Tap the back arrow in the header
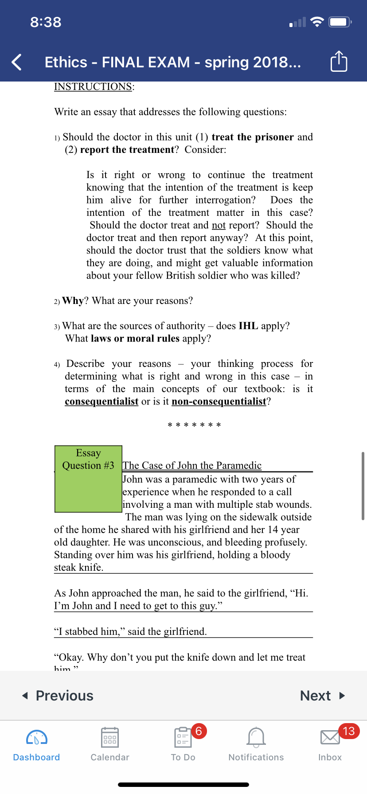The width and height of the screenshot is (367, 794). (17, 62)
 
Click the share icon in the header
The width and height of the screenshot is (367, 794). (339, 62)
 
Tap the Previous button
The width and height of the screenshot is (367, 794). (58, 696)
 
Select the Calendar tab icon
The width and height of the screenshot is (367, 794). (109, 738)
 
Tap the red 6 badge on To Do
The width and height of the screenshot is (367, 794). (199, 731)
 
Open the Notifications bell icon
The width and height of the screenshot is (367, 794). (256, 738)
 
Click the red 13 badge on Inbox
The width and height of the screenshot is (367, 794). (349, 731)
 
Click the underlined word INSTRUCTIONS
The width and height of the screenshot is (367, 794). (93, 86)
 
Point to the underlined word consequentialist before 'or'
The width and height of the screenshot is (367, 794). (102, 401)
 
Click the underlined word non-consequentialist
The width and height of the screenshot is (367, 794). (219, 401)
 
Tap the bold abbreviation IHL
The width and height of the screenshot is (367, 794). (248, 326)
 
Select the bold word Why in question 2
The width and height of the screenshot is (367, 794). (73, 301)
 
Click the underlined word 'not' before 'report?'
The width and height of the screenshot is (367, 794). (219, 225)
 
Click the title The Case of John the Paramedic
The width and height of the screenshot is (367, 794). (192, 465)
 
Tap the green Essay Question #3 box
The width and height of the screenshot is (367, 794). (88, 479)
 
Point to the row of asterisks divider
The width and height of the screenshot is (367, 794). (194, 425)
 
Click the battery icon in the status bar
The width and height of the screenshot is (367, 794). (340, 22)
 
